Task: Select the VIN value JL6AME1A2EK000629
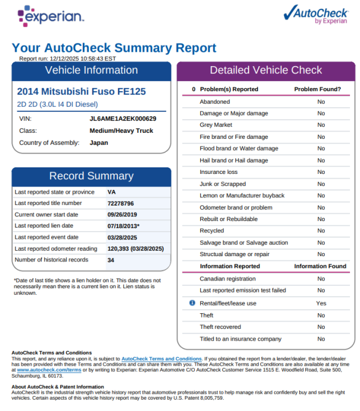[123, 119]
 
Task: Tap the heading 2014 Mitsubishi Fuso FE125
[81, 92]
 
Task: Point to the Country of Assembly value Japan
[99, 143]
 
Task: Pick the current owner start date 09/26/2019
[122, 214]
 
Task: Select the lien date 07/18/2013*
[123, 226]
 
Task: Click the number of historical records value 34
[111, 260]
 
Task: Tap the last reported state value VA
[111, 192]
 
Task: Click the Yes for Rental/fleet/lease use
[321, 303]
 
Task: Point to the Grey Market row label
[216, 125]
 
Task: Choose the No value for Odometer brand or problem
[321, 207]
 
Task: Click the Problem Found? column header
[318, 89]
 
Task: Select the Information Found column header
[320, 266]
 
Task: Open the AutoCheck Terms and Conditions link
[162, 359]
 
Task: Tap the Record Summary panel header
[91, 176]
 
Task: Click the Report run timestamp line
[67, 58]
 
